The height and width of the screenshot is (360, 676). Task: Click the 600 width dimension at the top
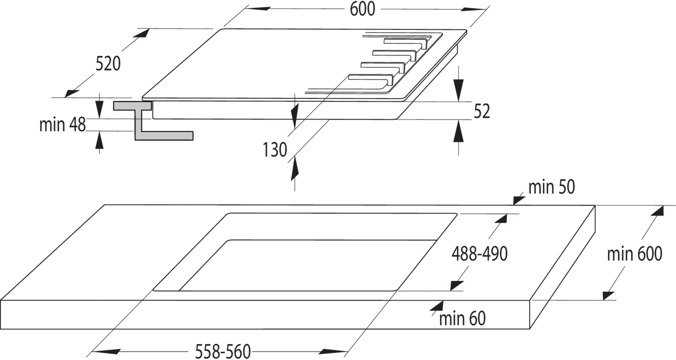(x=362, y=9)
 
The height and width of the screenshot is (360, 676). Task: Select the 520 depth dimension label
(x=108, y=64)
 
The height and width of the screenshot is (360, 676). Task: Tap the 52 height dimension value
(x=482, y=111)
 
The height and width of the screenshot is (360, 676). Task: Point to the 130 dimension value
(x=274, y=150)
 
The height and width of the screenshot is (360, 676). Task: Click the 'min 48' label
(x=63, y=124)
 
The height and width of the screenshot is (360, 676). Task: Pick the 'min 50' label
(x=551, y=187)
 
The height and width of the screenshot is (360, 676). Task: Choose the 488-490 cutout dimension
(x=480, y=254)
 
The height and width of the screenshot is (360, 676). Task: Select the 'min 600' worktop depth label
(x=635, y=254)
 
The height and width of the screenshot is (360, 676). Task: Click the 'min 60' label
(x=462, y=319)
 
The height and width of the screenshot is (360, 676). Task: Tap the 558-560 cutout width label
(x=223, y=351)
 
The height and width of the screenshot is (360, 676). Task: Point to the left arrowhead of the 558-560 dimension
(x=105, y=351)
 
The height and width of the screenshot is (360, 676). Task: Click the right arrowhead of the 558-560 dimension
(x=333, y=351)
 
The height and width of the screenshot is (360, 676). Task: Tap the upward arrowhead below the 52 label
(x=458, y=131)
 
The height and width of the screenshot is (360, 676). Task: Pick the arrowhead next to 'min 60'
(x=437, y=305)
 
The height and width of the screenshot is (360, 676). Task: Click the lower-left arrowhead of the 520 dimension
(x=72, y=94)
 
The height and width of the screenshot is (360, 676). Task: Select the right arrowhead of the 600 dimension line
(x=475, y=9)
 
